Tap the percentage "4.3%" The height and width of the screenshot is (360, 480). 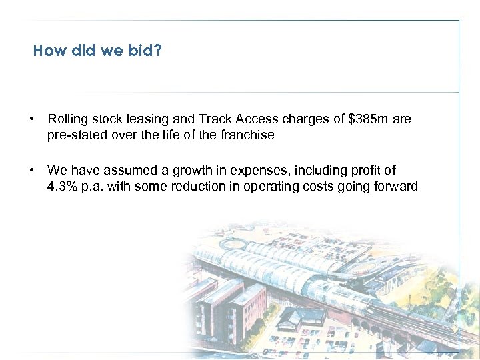tap(63, 186)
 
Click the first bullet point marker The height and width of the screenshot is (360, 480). tap(32, 119)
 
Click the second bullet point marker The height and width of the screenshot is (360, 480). tap(32, 171)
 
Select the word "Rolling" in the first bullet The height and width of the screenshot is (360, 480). tap(67, 119)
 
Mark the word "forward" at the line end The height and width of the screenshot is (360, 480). tap(395, 186)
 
